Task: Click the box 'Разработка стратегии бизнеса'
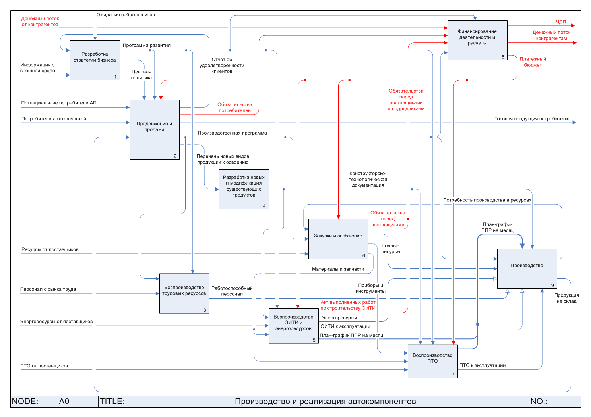[x=95, y=60]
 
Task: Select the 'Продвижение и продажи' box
[x=155, y=129]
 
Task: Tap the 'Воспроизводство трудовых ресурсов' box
[x=184, y=293]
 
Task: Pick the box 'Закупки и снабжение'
[x=338, y=239]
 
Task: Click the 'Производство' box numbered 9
[x=527, y=268]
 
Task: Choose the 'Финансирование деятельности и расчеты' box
[x=477, y=40]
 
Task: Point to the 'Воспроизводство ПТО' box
[x=432, y=361]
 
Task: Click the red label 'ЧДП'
[x=561, y=22]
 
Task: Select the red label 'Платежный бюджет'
[x=533, y=62]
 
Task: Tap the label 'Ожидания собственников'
[x=126, y=15]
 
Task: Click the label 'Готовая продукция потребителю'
[x=532, y=119]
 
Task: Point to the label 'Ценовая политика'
[x=141, y=75]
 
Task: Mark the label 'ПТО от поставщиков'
[x=44, y=366]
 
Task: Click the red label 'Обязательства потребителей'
[x=234, y=108]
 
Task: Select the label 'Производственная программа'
[x=233, y=133]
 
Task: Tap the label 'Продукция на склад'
[x=566, y=298]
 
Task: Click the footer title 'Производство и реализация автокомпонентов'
[x=325, y=402]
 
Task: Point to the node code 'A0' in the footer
[x=64, y=402]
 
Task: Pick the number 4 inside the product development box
[x=264, y=206]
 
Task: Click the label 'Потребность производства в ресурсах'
[x=487, y=200]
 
